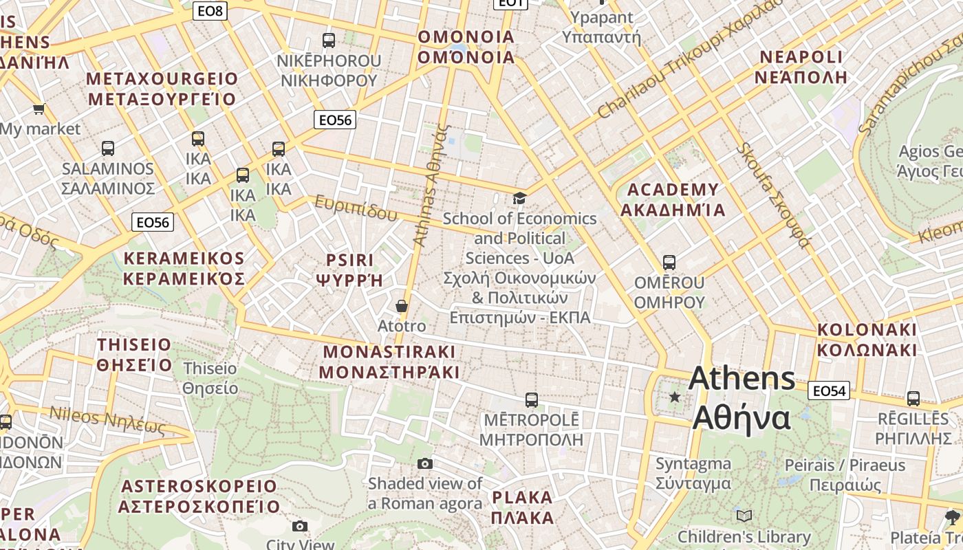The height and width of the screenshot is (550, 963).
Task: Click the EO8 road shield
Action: (210, 10)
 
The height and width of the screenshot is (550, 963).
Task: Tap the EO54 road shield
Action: (829, 390)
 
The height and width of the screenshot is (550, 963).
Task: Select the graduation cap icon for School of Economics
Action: (519, 199)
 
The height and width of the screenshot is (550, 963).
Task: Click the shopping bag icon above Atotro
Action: (402, 306)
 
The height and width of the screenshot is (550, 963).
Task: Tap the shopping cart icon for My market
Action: (39, 109)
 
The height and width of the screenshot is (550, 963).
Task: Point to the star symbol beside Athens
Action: (675, 397)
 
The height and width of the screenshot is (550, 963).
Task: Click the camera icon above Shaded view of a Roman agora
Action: (425, 464)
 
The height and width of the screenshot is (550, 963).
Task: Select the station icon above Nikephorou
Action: (329, 41)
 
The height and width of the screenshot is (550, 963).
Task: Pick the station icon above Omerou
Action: (669, 263)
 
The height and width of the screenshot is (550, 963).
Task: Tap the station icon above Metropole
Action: (531, 400)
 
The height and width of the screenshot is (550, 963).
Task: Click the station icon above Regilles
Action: (913, 398)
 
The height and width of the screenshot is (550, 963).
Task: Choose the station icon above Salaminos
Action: (108, 148)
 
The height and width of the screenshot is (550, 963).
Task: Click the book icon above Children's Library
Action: (744, 516)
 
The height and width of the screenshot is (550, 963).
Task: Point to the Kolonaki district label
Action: (867, 340)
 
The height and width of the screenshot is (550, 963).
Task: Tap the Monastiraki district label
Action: (389, 362)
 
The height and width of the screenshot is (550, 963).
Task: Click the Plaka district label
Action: (523, 507)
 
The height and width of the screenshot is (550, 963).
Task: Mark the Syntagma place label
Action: (693, 474)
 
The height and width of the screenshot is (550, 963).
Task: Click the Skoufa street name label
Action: (773, 196)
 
